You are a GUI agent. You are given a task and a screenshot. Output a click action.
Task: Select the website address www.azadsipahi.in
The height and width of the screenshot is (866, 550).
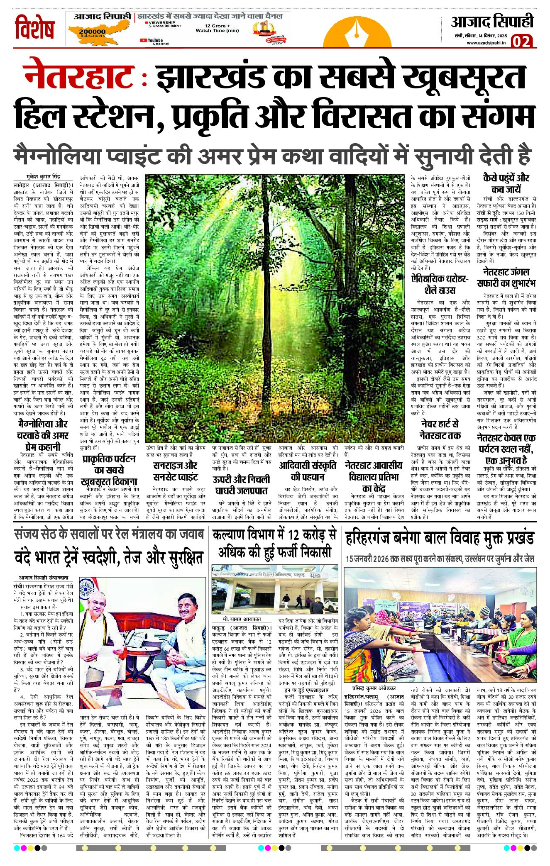pyautogui.click(x=485, y=43)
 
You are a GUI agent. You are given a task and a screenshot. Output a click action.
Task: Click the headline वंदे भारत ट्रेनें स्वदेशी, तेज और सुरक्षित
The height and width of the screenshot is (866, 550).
pyautogui.click(x=108, y=557)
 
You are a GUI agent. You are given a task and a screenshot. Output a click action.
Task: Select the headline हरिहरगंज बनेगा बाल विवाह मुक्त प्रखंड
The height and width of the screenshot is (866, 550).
pyautogui.click(x=440, y=539)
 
